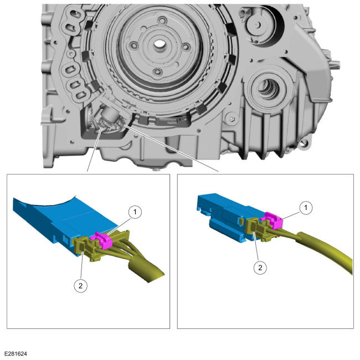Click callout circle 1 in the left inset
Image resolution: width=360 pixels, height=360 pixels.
pos(135,212)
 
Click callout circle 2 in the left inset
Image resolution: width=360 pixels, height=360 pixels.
pos(81,286)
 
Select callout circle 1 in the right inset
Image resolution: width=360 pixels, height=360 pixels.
pos(306,208)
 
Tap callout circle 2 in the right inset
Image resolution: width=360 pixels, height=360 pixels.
pos(260,268)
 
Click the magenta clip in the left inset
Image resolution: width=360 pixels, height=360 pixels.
pos(102,240)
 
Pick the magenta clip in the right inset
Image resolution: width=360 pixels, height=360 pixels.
pos(272,220)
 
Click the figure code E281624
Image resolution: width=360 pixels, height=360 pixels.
pos(16,353)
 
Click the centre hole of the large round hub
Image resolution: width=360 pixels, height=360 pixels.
pos(158,43)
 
